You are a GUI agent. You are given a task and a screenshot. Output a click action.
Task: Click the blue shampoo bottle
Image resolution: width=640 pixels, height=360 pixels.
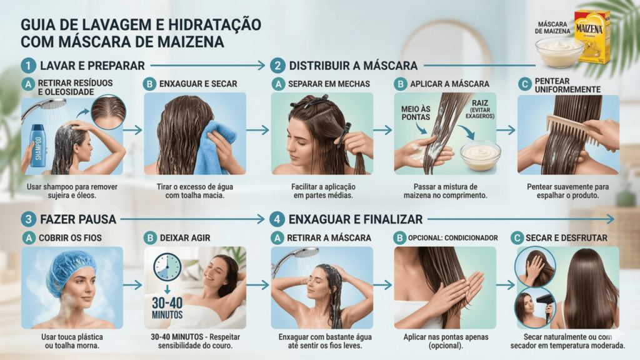coord(38,145)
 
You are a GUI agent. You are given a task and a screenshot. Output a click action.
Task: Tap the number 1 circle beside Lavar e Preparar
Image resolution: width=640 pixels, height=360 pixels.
coord(28,65)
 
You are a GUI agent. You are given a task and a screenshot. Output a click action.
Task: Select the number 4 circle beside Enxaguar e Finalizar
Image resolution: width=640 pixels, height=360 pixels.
coord(277,219)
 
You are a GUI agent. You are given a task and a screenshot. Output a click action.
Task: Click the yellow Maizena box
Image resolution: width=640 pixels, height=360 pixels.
coord(592,37)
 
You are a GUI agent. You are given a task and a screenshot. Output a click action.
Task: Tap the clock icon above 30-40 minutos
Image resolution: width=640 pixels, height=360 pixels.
coord(167,267)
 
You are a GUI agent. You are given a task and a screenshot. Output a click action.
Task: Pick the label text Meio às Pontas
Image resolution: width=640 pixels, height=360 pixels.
coord(416,113)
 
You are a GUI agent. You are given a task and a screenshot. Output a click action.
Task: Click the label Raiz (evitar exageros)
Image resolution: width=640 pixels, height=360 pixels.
coord(479,109)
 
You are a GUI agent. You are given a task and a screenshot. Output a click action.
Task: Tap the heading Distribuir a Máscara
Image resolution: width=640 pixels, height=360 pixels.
coord(353,66)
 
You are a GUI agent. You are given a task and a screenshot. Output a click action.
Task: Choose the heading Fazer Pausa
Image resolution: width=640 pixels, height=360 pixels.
coord(78,219)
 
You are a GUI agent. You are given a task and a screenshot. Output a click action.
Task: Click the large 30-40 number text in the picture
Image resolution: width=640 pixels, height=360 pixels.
coord(167,303)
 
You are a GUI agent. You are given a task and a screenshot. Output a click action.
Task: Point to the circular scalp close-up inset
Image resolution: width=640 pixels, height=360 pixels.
coord(108,112)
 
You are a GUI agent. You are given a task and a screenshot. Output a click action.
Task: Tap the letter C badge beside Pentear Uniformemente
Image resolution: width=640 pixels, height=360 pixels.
coord(524,84)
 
